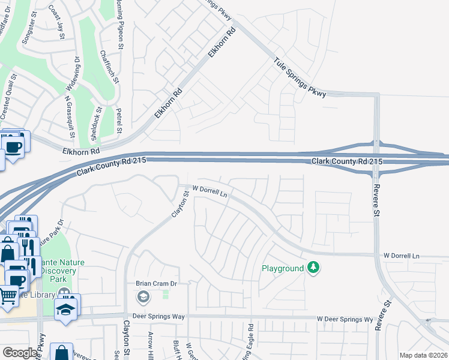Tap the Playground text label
point(282,268)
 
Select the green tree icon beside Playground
point(313,268)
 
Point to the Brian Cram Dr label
point(155,283)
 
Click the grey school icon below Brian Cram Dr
point(143,296)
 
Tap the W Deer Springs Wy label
point(345,319)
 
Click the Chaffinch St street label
point(108,66)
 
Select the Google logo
point(20,353)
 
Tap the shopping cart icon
point(8,295)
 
